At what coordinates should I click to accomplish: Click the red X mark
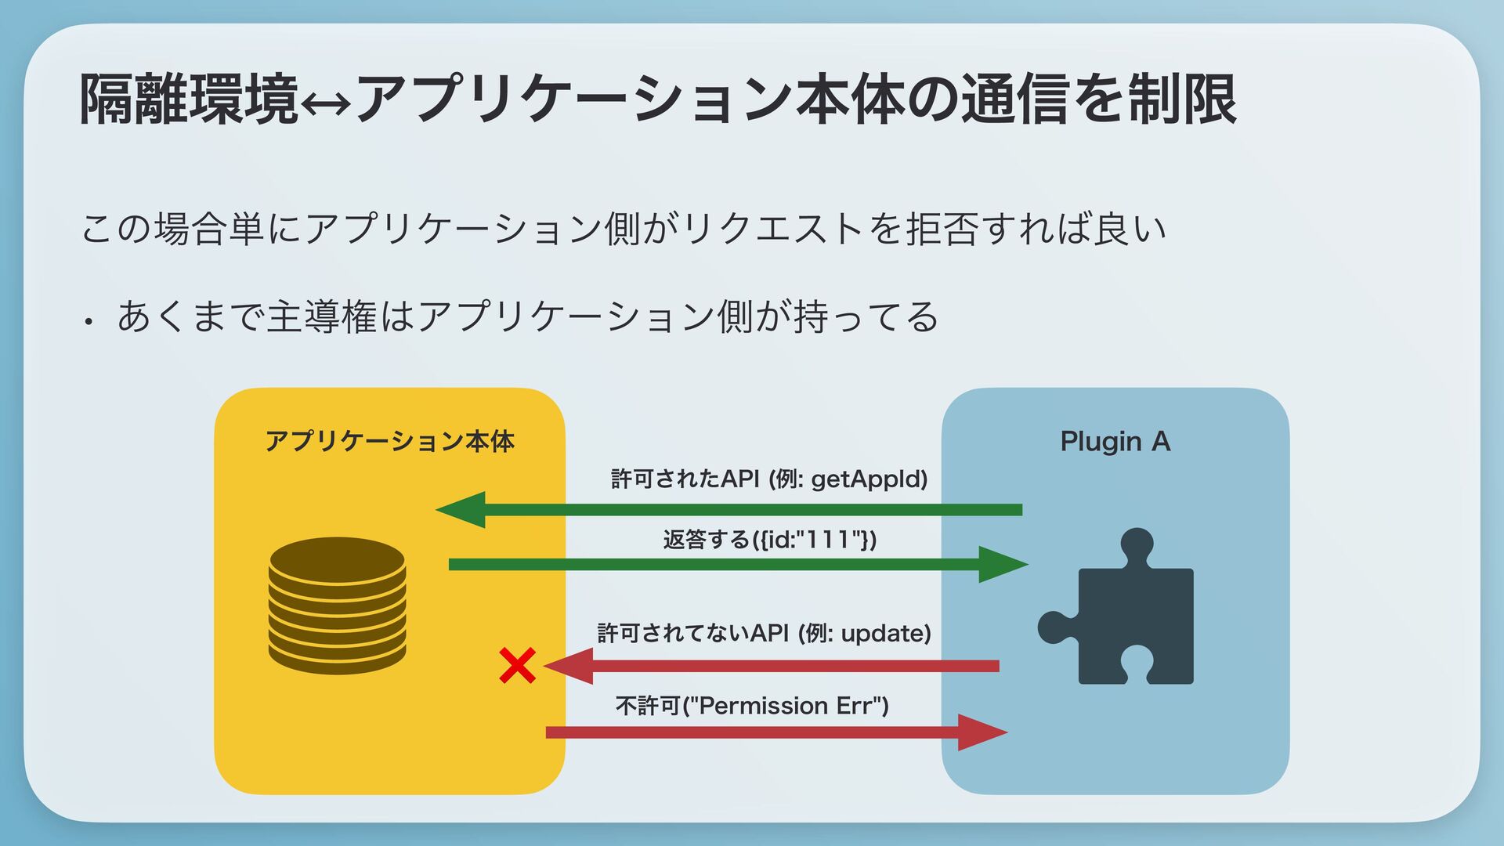[517, 666]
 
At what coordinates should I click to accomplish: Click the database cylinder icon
[337, 605]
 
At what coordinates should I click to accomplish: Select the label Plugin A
[1115, 442]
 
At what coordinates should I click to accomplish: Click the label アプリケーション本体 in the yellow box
[389, 442]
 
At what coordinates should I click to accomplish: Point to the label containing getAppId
[768, 479]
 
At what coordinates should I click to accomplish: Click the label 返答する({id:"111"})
[769, 540]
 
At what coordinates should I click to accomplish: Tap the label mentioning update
[764, 633]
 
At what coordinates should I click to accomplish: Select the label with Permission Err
[752, 706]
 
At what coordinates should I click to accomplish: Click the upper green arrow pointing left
[728, 510]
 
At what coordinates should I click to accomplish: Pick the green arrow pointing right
[736, 564]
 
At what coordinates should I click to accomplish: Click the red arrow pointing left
[772, 666]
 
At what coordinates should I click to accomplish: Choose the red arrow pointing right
[775, 732]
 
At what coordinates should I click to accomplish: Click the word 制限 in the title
[1182, 100]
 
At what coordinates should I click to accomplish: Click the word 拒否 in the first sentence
[941, 230]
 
